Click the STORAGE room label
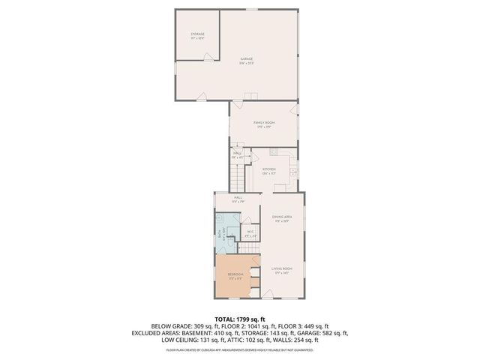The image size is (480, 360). point(198,35)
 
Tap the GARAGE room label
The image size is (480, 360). point(247,60)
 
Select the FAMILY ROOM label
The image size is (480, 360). point(262,124)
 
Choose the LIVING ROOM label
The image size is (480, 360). point(282,270)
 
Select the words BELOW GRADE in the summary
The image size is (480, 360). point(172,326)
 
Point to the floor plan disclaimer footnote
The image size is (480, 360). point(240,349)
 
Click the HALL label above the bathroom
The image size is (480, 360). point(236,199)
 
